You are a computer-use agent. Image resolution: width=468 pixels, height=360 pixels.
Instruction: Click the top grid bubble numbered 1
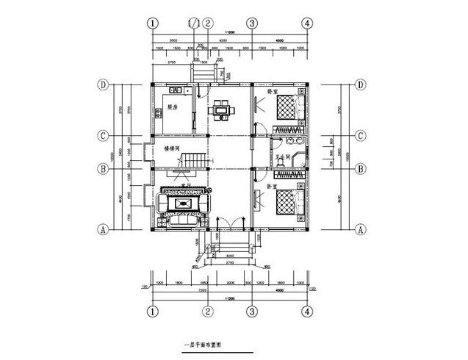pyautogui.click(x=153, y=23)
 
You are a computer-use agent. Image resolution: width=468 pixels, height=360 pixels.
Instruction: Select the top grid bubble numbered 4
pyautogui.click(x=306, y=23)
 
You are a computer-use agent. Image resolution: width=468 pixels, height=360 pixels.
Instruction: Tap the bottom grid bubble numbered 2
pyautogui.click(x=209, y=312)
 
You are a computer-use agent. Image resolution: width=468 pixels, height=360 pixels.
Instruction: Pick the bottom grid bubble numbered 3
pyautogui.click(x=252, y=312)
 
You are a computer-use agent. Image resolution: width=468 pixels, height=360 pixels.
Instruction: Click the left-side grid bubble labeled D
pyautogui.click(x=104, y=85)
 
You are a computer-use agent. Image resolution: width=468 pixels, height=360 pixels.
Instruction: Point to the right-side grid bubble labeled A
pyautogui.click(x=361, y=229)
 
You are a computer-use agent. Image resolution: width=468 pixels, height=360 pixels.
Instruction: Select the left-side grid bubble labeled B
pyautogui.click(x=104, y=168)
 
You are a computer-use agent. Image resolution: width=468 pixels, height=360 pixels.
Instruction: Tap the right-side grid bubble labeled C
pyautogui.click(x=361, y=136)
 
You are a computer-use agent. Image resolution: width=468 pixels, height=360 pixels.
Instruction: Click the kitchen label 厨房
pyautogui.click(x=173, y=107)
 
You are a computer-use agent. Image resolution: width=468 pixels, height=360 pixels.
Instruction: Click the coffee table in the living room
pyautogui.click(x=181, y=202)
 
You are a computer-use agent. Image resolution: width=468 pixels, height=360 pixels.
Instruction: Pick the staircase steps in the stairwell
pyautogui.click(x=193, y=157)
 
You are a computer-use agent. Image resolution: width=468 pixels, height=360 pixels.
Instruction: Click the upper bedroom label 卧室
pyautogui.click(x=272, y=93)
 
